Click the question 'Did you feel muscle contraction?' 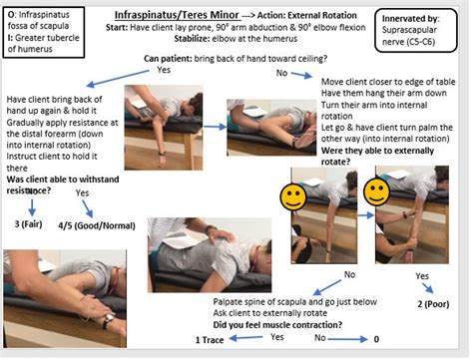(x=281, y=326)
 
